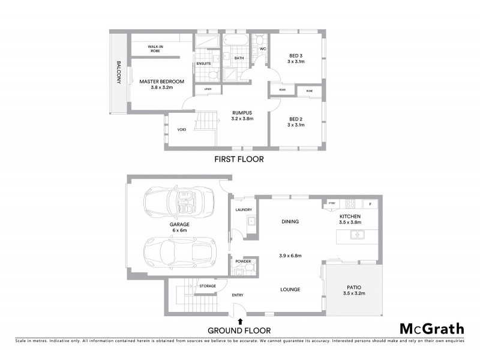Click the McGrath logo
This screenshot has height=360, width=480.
pos(431,328)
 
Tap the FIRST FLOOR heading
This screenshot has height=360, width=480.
pos(239,160)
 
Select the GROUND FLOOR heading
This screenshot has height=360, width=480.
pos(239,330)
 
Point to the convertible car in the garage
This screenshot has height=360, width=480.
pos(179,203)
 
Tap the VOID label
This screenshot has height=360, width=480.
pos(181,130)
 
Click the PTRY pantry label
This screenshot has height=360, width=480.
pos(331,205)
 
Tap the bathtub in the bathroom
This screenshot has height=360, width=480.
pos(235,42)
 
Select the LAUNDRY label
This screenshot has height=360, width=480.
pos(244,209)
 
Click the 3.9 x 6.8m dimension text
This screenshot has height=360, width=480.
pos(291,256)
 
